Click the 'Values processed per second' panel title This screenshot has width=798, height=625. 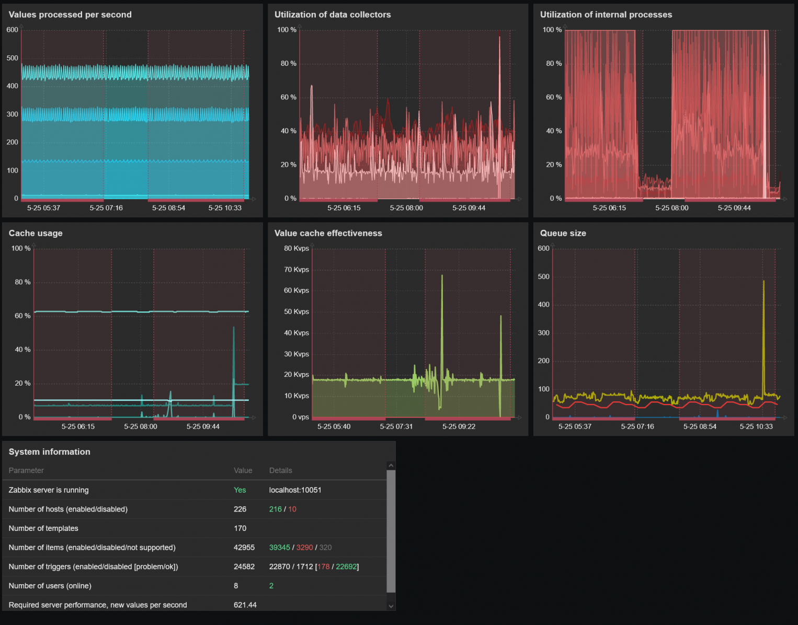coord(70,15)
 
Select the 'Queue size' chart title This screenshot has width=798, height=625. coord(563,233)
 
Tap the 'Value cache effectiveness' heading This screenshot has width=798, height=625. coord(328,233)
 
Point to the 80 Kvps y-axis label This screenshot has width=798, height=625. coord(296,248)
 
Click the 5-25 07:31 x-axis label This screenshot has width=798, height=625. coord(396,426)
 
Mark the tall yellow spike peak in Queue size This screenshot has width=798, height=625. coord(763,282)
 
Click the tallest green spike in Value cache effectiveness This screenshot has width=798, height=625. coord(442,276)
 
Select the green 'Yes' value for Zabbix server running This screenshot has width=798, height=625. coord(240,490)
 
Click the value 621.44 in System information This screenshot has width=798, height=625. coord(245,605)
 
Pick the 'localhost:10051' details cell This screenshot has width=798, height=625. coord(295,490)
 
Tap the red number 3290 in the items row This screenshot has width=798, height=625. coord(304,548)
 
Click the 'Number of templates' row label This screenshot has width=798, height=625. coord(43,528)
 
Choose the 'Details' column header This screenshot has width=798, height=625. coord(280,470)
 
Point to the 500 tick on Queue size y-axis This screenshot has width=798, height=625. coord(543,276)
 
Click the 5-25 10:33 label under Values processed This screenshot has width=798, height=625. coord(225,208)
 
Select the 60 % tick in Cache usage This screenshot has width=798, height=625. coord(22,316)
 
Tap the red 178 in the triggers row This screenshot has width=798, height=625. coord(323,566)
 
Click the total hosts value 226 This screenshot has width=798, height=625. coord(240,509)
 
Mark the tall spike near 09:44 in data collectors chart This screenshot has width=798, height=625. coord(499,38)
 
